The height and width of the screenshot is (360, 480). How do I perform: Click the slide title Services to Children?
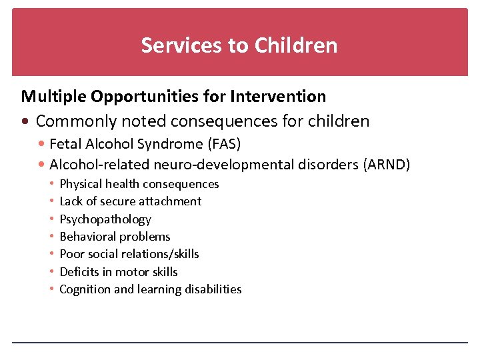click(x=239, y=45)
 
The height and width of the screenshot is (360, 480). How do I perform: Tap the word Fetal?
click(x=64, y=144)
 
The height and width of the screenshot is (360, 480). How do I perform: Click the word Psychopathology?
click(x=105, y=219)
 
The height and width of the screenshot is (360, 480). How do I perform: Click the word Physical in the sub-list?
click(x=80, y=184)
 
